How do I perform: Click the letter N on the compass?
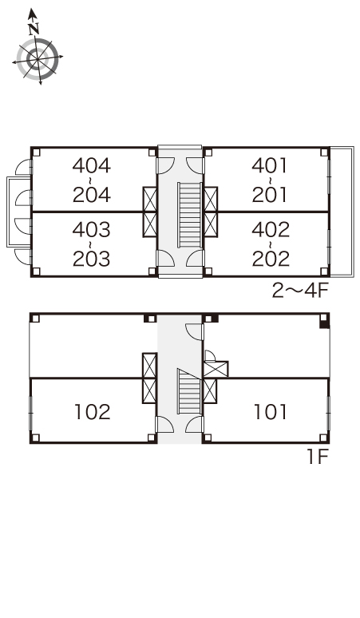coord(34,29)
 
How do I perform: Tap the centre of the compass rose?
coord(38,59)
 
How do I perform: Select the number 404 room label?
coord(92,166)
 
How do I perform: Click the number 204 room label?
coord(92,195)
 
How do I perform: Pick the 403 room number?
coord(92,230)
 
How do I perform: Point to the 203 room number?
coord(92,259)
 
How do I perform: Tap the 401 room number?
coord(270,166)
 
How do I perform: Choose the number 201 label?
coord(270,195)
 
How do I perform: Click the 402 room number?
coord(271,230)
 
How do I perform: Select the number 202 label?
coord(271,259)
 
